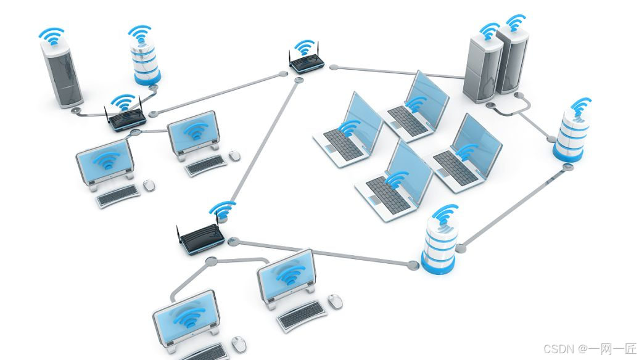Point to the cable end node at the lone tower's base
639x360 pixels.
[76, 110]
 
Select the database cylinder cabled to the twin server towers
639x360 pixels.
[570, 139]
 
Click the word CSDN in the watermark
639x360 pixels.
[543, 349]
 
